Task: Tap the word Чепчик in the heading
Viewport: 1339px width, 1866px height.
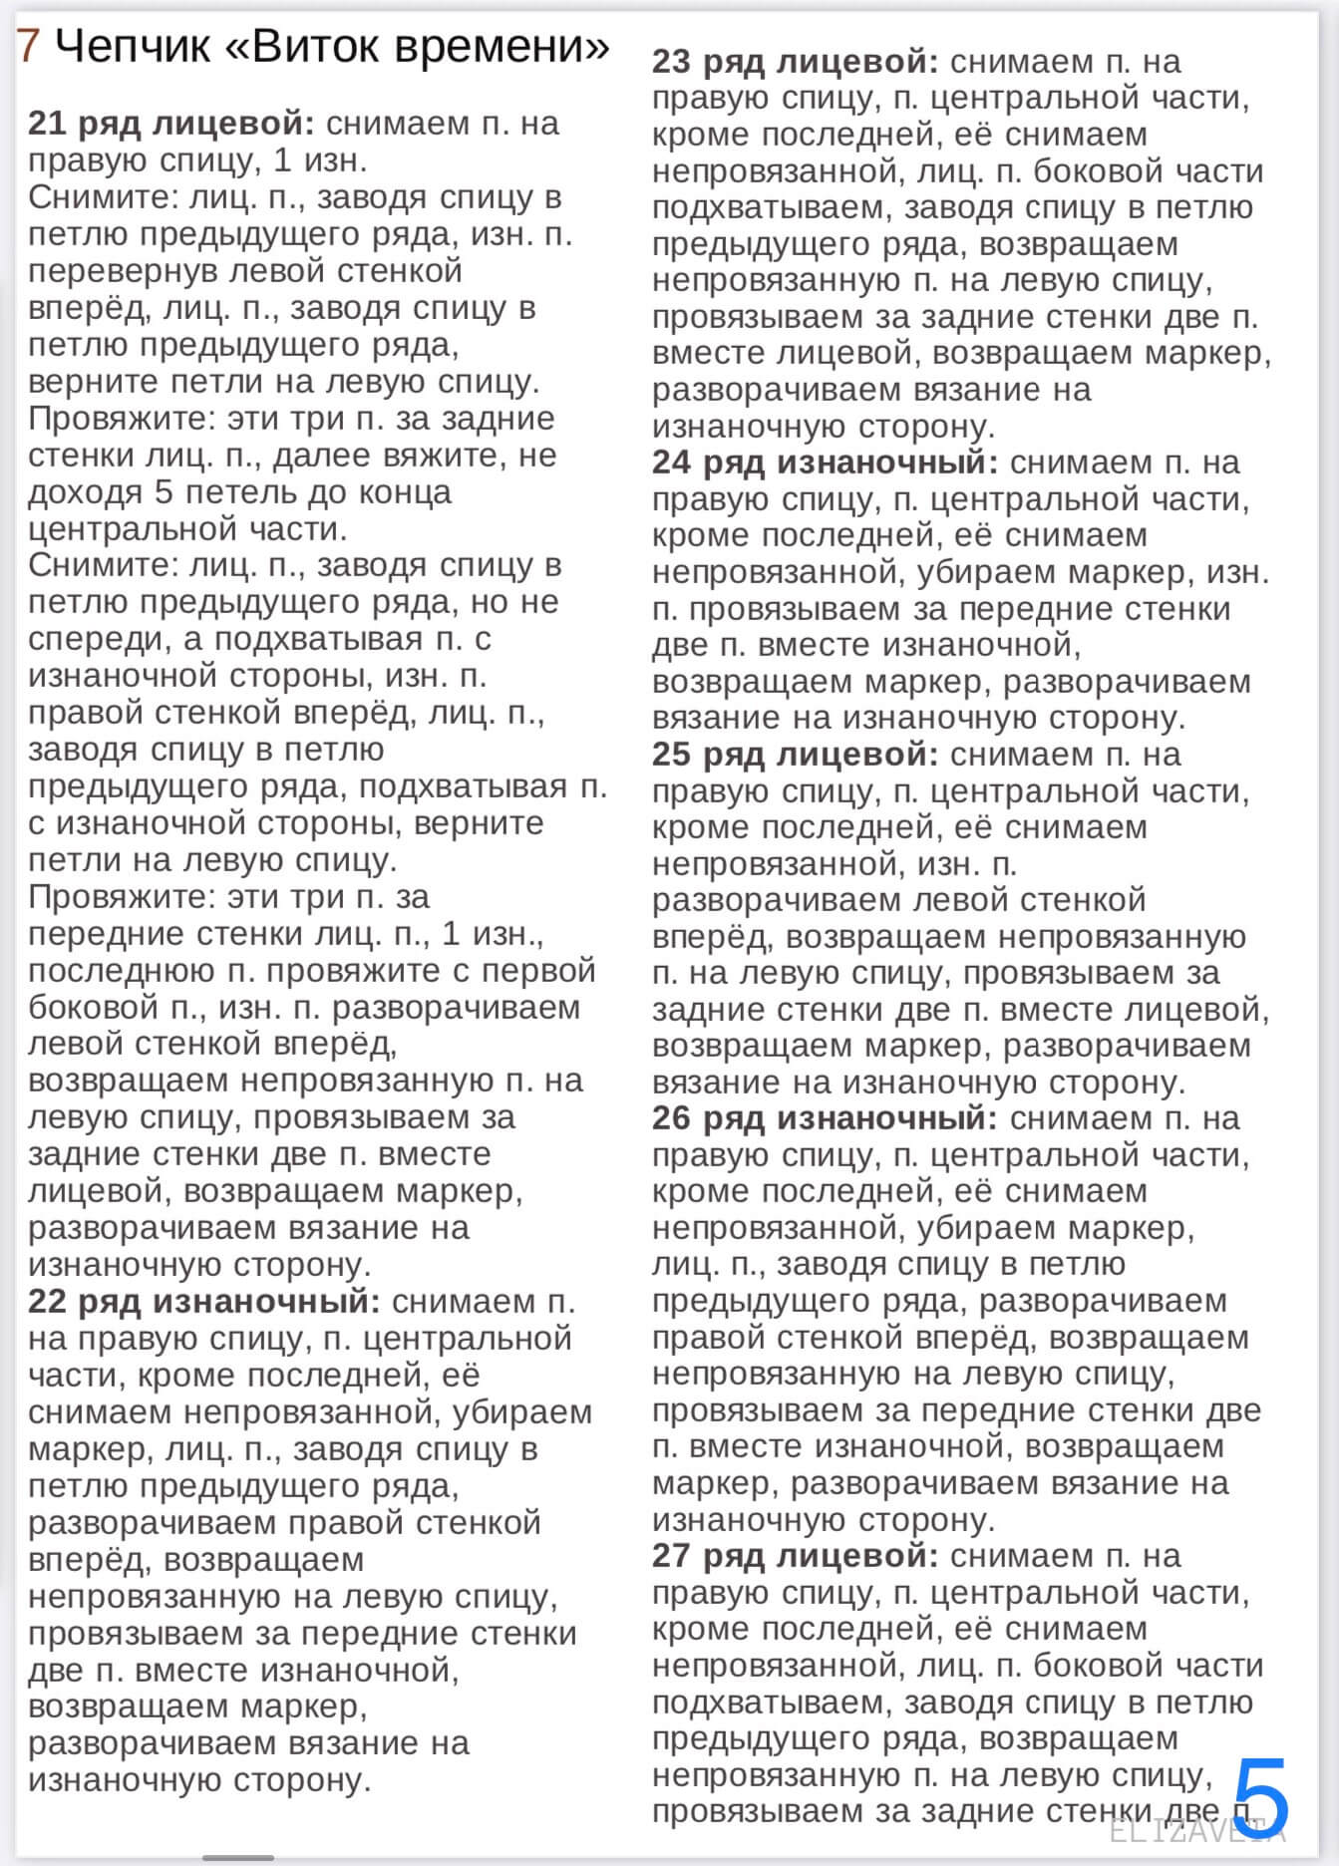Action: coord(133,46)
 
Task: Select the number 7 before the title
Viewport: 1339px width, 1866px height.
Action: coord(29,46)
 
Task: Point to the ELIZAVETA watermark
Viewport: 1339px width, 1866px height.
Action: coord(1196,1830)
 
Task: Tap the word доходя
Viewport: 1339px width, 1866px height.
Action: coord(85,492)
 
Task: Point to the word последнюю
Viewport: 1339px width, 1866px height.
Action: coord(121,971)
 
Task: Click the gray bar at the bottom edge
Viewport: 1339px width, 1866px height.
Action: coord(237,1858)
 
